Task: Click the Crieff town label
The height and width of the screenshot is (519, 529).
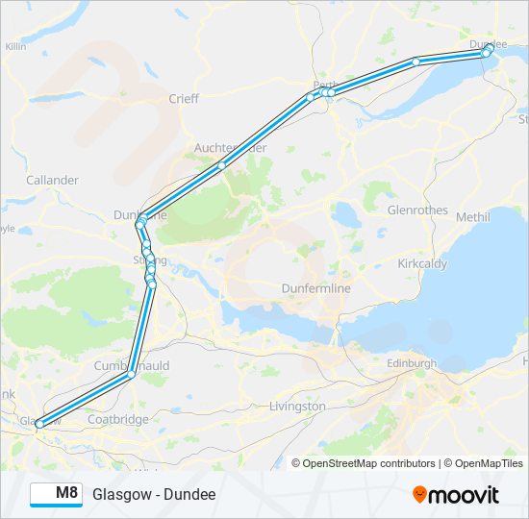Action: pyautogui.click(x=183, y=98)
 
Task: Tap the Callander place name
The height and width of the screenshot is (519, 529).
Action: pyautogui.click(x=53, y=180)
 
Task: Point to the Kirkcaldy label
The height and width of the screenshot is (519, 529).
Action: pyautogui.click(x=425, y=262)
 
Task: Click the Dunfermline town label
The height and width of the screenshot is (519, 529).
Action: pyautogui.click(x=315, y=288)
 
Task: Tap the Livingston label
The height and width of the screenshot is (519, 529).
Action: pyautogui.click(x=297, y=407)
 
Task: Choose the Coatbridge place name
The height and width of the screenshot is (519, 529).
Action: pyautogui.click(x=117, y=419)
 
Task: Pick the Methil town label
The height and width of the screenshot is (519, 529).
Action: pyautogui.click(x=472, y=217)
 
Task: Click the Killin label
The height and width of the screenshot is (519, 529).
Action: pyautogui.click(x=15, y=46)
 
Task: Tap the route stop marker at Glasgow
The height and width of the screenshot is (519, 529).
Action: pyautogui.click(x=39, y=423)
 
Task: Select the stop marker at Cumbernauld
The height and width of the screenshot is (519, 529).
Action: pyautogui.click(x=132, y=375)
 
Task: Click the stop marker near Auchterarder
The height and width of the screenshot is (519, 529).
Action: pyautogui.click(x=221, y=165)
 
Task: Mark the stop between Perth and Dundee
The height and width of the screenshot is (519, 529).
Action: pyautogui.click(x=416, y=62)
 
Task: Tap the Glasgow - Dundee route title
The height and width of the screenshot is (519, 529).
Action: pyautogui.click(x=154, y=494)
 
